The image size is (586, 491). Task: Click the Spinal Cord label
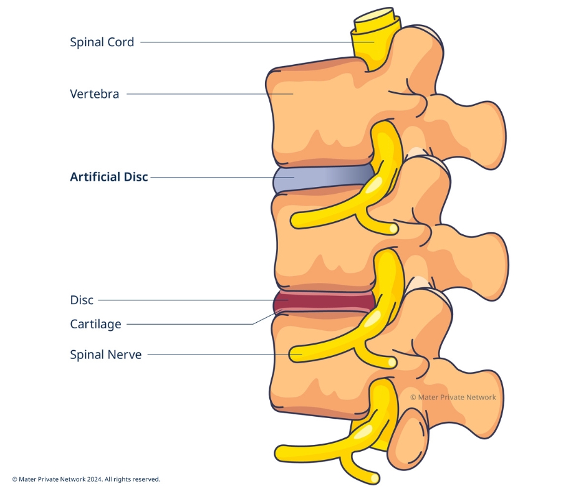(x=102, y=42)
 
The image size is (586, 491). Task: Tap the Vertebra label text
(x=94, y=94)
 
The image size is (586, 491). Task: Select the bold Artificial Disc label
(x=109, y=177)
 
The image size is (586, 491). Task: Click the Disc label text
(x=82, y=300)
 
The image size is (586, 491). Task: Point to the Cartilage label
(x=95, y=324)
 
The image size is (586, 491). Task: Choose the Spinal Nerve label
(x=106, y=355)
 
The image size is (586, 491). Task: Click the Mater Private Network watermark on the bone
(x=453, y=397)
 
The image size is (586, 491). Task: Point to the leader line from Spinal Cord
(x=249, y=42)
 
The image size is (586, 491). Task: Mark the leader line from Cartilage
(x=187, y=324)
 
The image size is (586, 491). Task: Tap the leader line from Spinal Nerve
(x=218, y=355)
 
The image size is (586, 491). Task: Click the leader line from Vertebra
(x=206, y=94)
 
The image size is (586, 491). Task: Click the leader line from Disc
(x=187, y=300)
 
